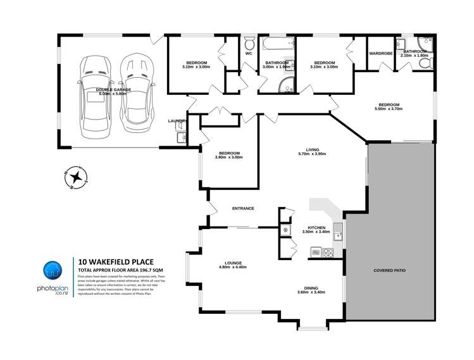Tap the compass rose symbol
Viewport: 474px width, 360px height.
click(x=75, y=177)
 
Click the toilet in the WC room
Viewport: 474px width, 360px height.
click(x=249, y=45)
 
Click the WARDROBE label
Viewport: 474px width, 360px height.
click(x=381, y=54)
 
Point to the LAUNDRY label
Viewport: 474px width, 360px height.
click(x=177, y=120)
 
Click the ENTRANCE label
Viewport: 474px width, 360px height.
click(x=243, y=208)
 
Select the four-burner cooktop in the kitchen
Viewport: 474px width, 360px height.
click(x=328, y=252)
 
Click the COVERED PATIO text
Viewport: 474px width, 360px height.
click(x=390, y=270)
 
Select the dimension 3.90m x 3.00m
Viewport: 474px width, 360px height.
click(x=229, y=157)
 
